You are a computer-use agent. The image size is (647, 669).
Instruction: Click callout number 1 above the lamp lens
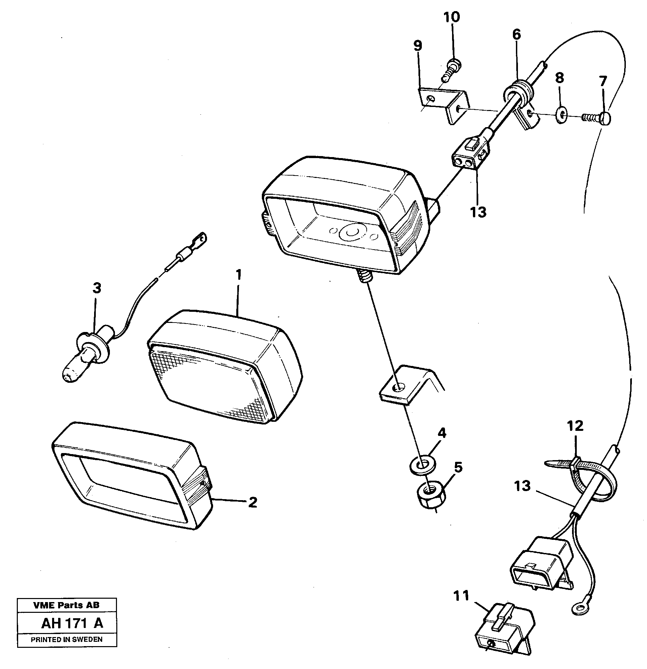[x=238, y=275]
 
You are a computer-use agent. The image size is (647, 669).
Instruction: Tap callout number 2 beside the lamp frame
[x=252, y=502]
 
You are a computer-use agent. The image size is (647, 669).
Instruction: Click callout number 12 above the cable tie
[x=575, y=426]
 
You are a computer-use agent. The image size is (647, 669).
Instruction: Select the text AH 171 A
[x=72, y=623]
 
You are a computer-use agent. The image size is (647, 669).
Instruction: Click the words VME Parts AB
[x=67, y=605]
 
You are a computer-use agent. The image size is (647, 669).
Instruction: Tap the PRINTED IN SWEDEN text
[x=67, y=639]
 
